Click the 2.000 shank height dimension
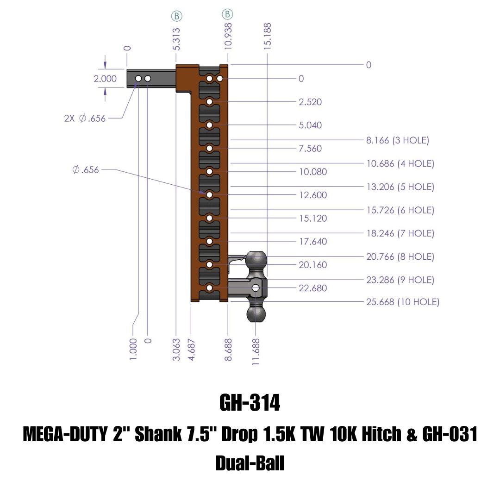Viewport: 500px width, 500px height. click(105, 78)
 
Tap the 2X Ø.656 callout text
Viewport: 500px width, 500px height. click(85, 119)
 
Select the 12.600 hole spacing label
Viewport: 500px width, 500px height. click(313, 195)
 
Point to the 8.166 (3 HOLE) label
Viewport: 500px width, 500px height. click(398, 140)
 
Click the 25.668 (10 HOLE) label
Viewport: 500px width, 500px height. click(403, 302)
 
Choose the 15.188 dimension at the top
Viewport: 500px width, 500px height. click(268, 36)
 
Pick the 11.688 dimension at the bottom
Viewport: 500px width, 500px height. click(256, 352)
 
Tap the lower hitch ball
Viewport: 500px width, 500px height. click(256, 314)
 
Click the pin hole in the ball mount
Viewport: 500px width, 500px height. click(256, 288)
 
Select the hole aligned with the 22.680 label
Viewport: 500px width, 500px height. click(210, 288)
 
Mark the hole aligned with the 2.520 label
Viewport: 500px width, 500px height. click(210, 102)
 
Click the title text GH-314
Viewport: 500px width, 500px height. click(250, 402)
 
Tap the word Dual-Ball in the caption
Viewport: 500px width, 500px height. click(250, 463)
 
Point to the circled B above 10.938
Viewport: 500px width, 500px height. click(227, 14)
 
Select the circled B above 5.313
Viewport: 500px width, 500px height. click(177, 16)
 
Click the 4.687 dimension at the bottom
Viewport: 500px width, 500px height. click(191, 350)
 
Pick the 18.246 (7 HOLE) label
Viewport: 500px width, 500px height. click(400, 233)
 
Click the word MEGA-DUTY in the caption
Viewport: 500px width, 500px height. click(65, 434)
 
